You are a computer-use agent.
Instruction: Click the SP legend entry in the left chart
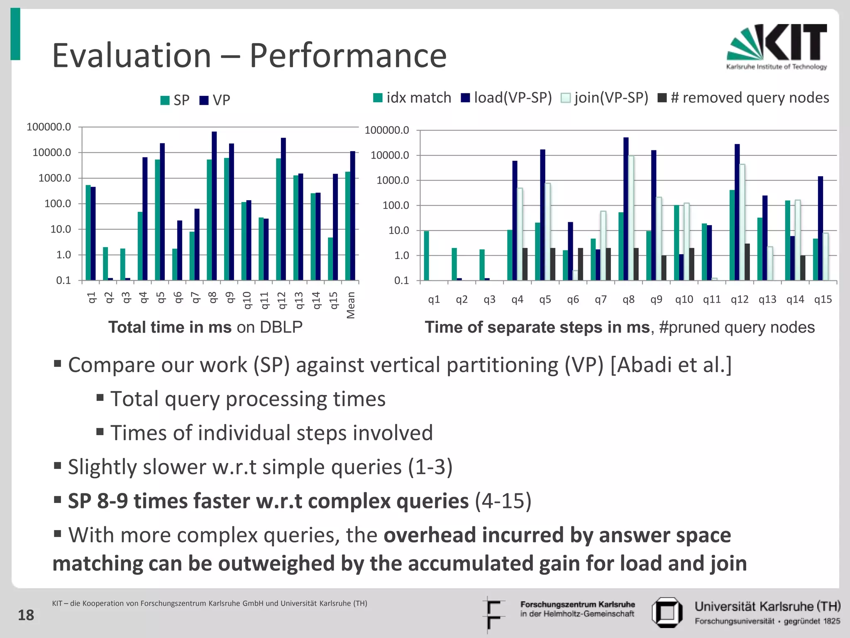[x=175, y=100]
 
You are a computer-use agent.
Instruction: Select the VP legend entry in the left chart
[x=215, y=100]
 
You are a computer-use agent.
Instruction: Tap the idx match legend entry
[x=412, y=98]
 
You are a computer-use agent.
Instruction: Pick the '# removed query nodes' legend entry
[x=744, y=98]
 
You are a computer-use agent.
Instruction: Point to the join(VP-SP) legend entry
[x=605, y=98]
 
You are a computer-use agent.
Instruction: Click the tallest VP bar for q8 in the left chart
[x=214, y=206]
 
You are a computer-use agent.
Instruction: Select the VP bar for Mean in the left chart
[x=353, y=216]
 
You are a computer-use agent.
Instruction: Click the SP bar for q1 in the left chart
[x=88, y=233]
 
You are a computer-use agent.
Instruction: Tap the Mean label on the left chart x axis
[x=351, y=305]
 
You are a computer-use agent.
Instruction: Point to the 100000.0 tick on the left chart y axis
[x=49, y=127]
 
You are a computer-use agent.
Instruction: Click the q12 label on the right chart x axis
[x=740, y=299]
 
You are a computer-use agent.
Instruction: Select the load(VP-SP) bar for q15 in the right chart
[x=821, y=228]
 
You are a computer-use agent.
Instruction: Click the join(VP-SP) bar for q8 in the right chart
[x=631, y=218]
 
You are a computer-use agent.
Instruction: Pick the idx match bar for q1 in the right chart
[x=426, y=256]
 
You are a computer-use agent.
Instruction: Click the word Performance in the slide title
[x=348, y=56]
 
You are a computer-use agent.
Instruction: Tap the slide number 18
[x=26, y=615]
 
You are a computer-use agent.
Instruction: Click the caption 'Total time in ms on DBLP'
[x=205, y=327]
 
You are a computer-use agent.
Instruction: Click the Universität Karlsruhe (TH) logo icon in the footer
[x=667, y=612]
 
